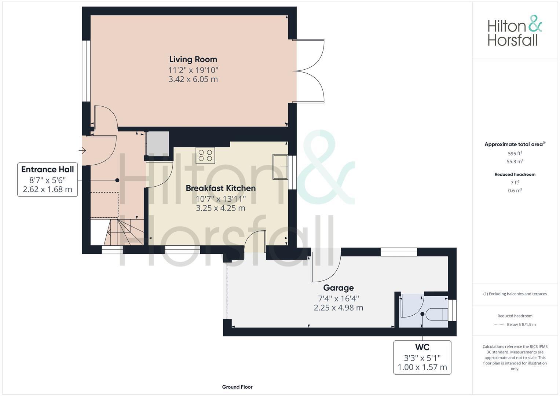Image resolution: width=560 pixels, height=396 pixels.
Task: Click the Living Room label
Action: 193,59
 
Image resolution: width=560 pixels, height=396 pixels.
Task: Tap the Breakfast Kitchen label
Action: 220,188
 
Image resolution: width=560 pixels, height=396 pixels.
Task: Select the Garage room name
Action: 338,288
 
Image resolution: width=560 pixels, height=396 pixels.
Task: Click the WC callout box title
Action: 422,347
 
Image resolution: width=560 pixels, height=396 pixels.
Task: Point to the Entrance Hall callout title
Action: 47,169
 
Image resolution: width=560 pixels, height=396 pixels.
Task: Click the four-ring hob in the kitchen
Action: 205,155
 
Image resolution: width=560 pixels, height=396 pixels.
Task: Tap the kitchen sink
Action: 280,167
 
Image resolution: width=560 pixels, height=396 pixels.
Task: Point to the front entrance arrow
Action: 82,150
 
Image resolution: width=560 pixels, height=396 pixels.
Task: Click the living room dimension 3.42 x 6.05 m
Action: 193,79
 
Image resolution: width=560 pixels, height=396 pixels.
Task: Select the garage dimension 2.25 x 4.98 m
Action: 338,308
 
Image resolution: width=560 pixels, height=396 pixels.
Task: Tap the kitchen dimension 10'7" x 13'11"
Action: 220,198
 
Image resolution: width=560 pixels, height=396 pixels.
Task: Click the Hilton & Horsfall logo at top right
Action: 515,31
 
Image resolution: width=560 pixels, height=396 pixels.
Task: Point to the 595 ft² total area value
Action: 515,154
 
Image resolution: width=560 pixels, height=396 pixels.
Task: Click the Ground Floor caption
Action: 237,387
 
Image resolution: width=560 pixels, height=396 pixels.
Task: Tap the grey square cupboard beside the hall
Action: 158,143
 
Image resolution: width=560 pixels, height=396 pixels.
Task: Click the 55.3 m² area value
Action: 515,162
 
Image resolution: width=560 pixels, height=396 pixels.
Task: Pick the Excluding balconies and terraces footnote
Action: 515,294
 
